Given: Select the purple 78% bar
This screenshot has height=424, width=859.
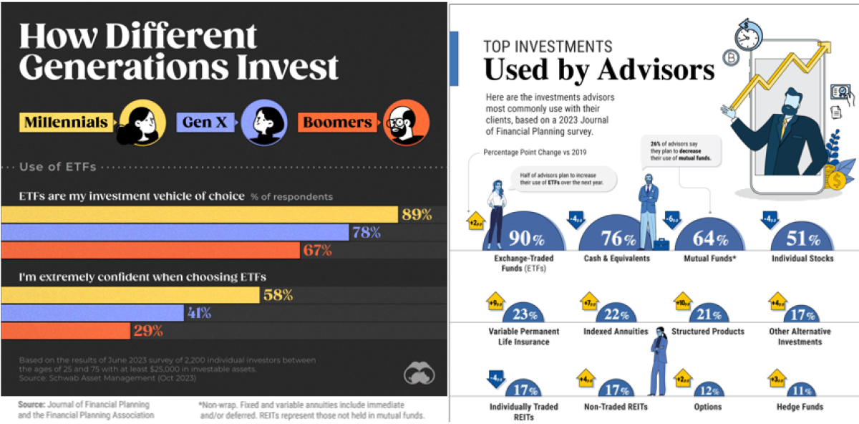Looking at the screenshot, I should click(175, 232).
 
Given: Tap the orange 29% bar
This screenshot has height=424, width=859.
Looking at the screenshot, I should click(66, 331).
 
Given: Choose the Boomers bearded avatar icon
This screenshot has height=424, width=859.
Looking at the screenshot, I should click(406, 122).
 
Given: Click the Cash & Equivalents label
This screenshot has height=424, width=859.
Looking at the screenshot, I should click(616, 259).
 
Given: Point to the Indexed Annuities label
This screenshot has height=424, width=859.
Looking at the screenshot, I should click(615, 332).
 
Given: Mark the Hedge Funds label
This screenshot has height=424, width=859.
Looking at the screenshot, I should click(799, 407).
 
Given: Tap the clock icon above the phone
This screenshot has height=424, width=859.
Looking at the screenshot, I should click(747, 33).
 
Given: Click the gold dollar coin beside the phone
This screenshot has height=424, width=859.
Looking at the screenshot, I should click(834, 179).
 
